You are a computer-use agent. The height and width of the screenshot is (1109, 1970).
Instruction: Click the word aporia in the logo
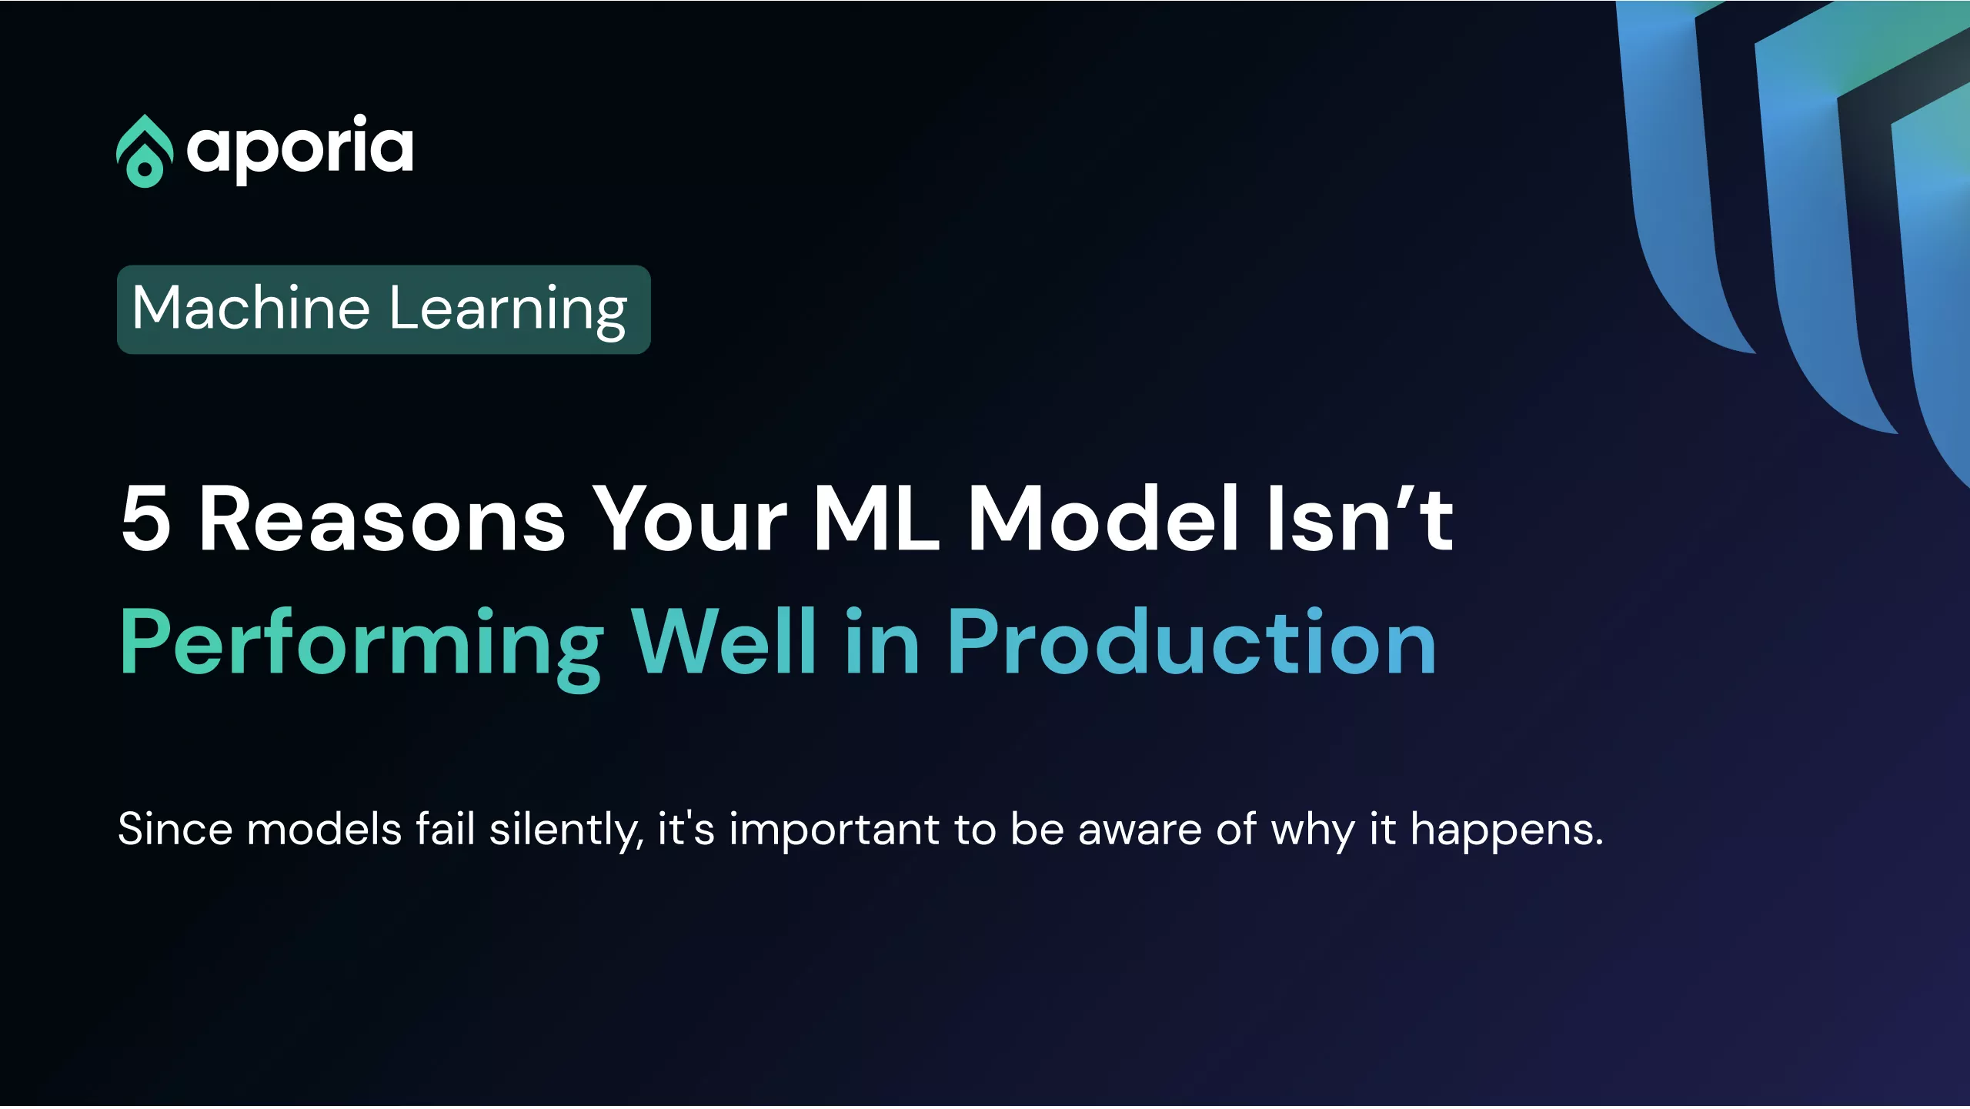[300, 149]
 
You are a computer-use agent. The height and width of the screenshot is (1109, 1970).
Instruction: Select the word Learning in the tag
[509, 310]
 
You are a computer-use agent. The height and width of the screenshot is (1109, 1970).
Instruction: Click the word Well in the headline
[723, 640]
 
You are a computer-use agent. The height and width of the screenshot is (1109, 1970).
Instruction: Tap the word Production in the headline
[1192, 640]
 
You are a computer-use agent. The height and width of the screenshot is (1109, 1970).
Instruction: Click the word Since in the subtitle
[175, 830]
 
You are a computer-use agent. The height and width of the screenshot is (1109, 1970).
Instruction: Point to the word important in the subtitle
[834, 832]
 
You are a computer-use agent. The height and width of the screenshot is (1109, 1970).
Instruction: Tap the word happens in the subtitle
[1507, 832]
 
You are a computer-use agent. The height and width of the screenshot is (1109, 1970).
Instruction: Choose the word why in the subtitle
[1313, 832]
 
